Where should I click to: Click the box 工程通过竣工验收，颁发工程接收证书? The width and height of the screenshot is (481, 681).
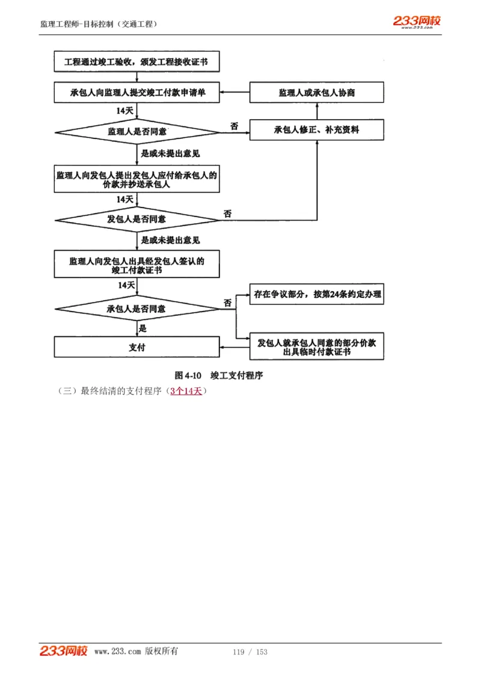pyautogui.click(x=137, y=61)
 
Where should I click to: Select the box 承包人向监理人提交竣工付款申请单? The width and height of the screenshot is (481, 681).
pyautogui.click(x=137, y=93)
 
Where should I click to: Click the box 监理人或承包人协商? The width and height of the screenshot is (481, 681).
pyautogui.click(x=316, y=93)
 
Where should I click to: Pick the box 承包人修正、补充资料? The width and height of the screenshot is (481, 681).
pyautogui.click(x=316, y=129)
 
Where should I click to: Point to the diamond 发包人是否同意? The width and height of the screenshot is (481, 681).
pyautogui.click(x=137, y=219)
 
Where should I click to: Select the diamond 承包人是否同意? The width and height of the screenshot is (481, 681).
pyautogui.click(x=137, y=309)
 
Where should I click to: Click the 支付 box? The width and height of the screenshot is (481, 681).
pyautogui.click(x=137, y=347)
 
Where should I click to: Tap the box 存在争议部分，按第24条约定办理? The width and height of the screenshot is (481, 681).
pyautogui.click(x=316, y=295)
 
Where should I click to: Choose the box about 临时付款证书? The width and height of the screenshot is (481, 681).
pyautogui.click(x=316, y=347)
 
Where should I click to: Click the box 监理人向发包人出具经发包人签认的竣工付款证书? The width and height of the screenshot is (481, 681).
pyautogui.click(x=137, y=265)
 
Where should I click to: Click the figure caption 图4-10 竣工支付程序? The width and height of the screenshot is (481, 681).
pyautogui.click(x=219, y=375)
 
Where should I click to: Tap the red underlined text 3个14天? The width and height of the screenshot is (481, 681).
pyautogui.click(x=186, y=391)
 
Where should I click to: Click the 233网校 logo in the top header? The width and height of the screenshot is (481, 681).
pyautogui.click(x=417, y=22)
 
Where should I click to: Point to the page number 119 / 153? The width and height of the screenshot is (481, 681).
pyautogui.click(x=250, y=652)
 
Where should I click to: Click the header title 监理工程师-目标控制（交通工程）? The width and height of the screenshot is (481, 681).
pyautogui.click(x=99, y=24)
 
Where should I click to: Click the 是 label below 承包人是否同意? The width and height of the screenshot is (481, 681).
pyautogui.click(x=143, y=328)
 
